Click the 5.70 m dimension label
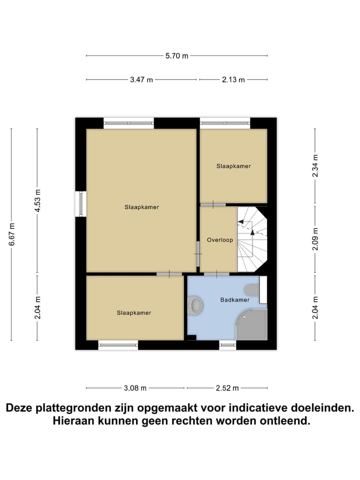(x=177, y=56)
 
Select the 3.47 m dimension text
(x=141, y=79)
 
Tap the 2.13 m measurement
(x=233, y=79)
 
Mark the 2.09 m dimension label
(x=314, y=239)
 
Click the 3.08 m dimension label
(x=135, y=388)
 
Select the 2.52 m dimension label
(x=227, y=388)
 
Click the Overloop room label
(x=220, y=240)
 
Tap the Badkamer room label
(x=234, y=300)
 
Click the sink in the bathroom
(x=195, y=305)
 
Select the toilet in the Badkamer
(x=251, y=290)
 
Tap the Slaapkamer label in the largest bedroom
(x=141, y=207)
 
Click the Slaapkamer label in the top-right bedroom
(x=233, y=166)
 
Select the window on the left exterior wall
(x=80, y=204)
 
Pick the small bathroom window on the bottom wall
(x=227, y=345)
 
